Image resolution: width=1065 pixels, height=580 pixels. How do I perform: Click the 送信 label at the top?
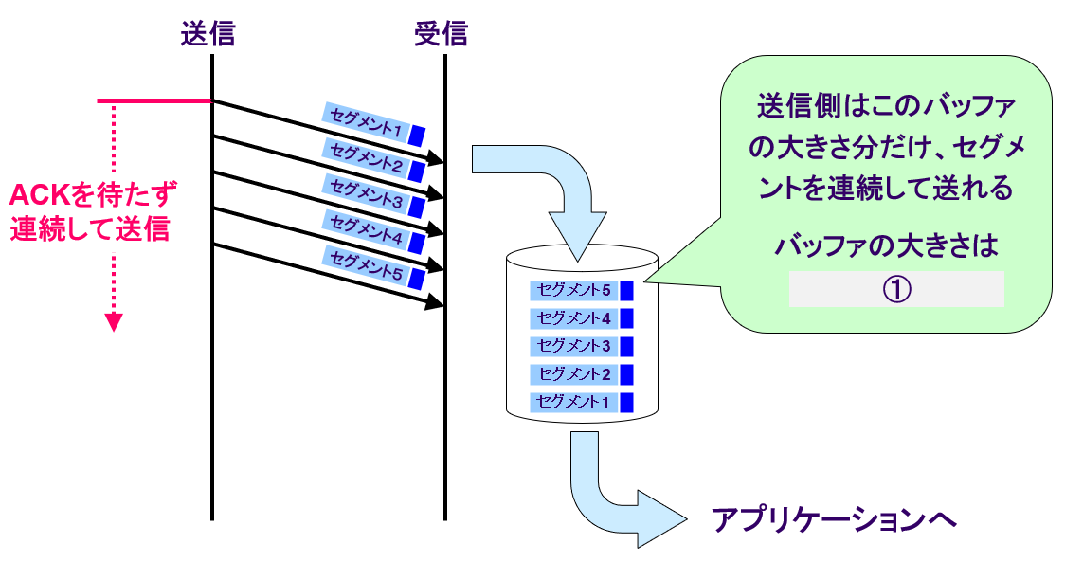[208, 34]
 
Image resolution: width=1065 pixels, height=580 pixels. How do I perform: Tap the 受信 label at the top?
[441, 34]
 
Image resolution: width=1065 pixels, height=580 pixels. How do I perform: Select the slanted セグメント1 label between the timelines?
[366, 122]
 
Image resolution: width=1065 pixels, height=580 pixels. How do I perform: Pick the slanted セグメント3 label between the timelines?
[366, 194]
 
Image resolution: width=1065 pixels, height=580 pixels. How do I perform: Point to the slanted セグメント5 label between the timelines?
[366, 266]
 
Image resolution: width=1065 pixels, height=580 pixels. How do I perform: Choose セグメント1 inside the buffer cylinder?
[574, 402]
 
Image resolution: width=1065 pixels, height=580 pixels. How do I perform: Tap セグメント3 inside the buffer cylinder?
[574, 346]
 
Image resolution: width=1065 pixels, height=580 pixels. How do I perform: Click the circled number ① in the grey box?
[896, 289]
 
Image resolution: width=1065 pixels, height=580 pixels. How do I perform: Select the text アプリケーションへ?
[834, 519]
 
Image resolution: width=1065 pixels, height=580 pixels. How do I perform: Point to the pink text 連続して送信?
[91, 229]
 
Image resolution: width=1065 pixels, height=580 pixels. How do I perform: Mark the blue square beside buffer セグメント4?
[625, 318]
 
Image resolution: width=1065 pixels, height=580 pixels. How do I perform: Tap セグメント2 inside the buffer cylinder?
[574, 373]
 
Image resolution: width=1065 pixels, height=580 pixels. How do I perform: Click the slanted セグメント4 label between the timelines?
[366, 230]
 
